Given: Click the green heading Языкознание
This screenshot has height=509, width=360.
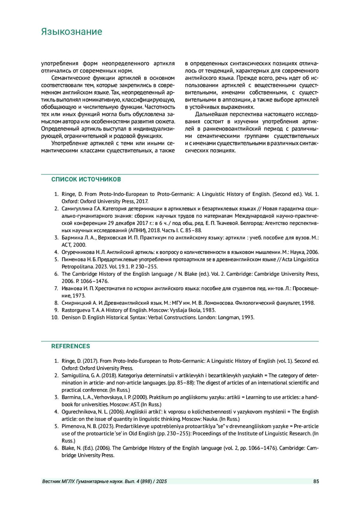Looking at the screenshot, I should coord(71,31).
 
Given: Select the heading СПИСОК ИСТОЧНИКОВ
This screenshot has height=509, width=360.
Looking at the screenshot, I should coord(86,179).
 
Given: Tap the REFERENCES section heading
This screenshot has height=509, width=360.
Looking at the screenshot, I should coord(70,346).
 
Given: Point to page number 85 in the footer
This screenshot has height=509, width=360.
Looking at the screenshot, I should coord(316,481).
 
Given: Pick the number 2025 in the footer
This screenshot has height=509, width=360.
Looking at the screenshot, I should coord(161,481).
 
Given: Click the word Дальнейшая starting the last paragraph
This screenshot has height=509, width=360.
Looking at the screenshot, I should coord(209,114).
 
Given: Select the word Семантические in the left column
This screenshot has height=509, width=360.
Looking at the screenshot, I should coord(71,78).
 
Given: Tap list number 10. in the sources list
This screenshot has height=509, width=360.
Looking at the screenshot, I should coord(55,317).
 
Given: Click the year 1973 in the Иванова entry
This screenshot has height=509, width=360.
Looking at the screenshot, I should coord(79,296).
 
